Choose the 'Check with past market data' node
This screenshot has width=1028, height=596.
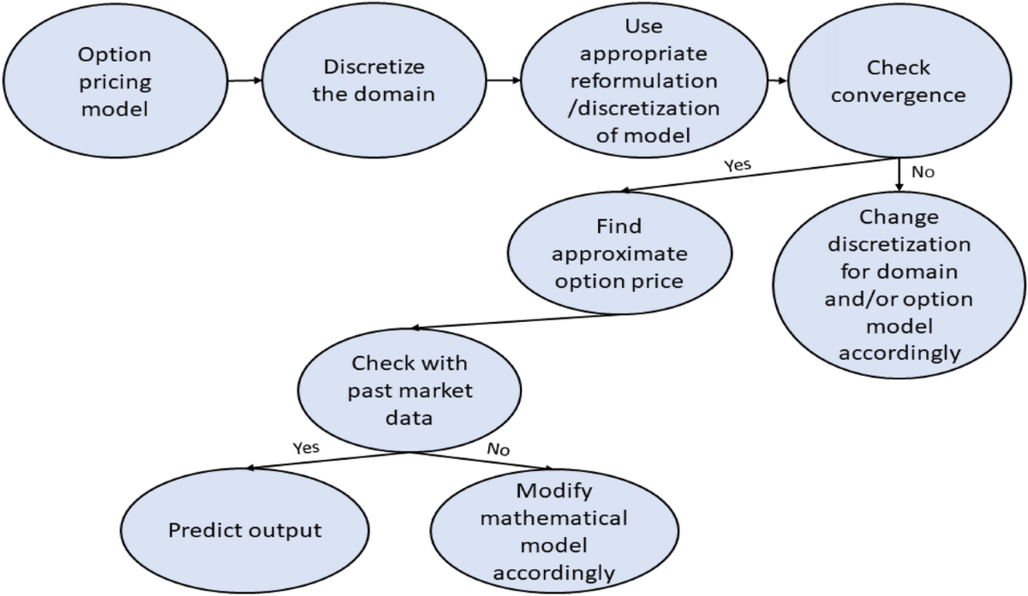click(x=409, y=392)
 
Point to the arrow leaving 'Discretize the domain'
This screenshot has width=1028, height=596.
click(x=504, y=81)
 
